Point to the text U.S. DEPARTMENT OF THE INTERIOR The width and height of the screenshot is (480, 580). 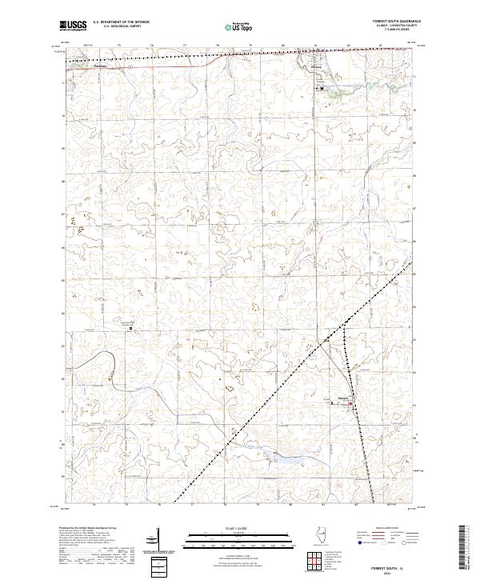click(120, 21)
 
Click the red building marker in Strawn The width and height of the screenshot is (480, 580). click(345, 404)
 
